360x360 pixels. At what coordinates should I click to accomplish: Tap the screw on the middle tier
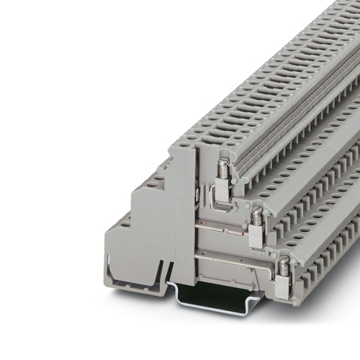256,215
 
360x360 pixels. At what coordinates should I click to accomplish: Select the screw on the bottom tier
284,266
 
